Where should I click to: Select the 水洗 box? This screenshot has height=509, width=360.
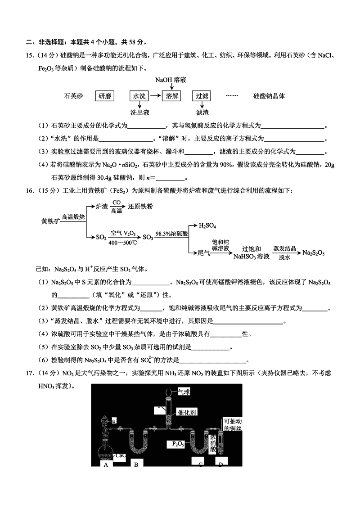(x=139, y=96)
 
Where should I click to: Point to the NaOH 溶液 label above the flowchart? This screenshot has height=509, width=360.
(x=171, y=80)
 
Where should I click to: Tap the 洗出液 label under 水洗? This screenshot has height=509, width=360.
(x=139, y=113)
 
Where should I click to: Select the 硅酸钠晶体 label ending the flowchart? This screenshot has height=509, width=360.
(x=269, y=96)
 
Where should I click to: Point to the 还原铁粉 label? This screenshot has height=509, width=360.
(x=144, y=207)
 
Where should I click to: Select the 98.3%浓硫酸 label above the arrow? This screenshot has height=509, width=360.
(x=171, y=234)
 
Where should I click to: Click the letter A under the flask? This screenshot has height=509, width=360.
(x=106, y=465)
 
